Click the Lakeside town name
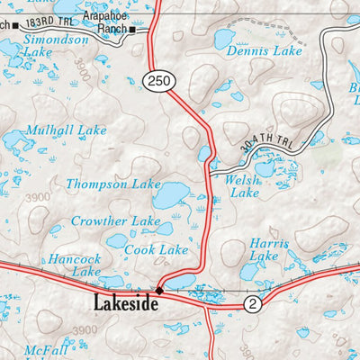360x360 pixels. [x=127, y=304]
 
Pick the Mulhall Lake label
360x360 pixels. [x=66, y=130]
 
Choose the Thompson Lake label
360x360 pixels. [x=112, y=184]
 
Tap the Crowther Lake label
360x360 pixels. [x=116, y=220]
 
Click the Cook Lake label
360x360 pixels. [x=157, y=249]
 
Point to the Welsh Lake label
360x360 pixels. [x=243, y=186]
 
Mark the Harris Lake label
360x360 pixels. [x=268, y=249]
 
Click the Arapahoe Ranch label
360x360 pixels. [x=105, y=22]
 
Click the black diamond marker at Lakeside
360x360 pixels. [x=159, y=290]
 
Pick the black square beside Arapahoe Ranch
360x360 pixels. [x=132, y=30]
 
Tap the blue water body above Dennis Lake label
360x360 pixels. [x=224, y=38]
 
